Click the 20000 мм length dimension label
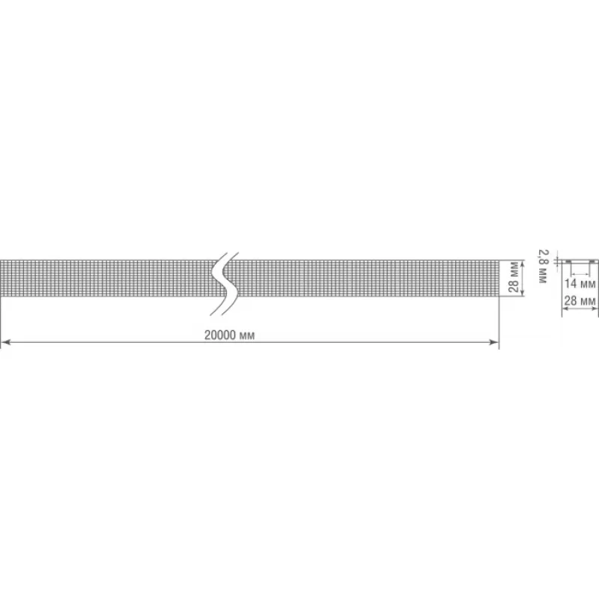[x=229, y=335]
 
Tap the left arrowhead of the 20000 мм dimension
[x=5, y=342]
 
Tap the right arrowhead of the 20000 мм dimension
[x=494, y=342]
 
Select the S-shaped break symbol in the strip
[x=224, y=284]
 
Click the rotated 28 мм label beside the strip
[x=514, y=277]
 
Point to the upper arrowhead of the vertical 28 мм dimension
[x=523, y=264]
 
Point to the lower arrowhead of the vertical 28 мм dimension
[x=523, y=291]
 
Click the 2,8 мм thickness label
[x=542, y=267]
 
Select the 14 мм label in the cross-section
[x=580, y=284]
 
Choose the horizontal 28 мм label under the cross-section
[x=580, y=301]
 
